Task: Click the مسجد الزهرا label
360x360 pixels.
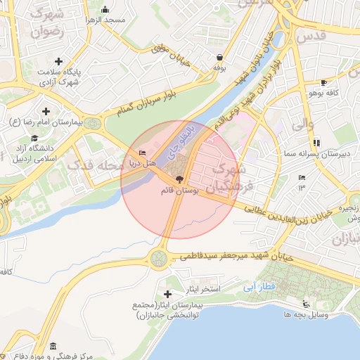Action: (x=105, y=20)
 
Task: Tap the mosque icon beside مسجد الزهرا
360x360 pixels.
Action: (x=105, y=9)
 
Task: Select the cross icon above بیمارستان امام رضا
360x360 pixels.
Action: (x=46, y=111)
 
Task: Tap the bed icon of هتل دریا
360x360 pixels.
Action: (x=143, y=153)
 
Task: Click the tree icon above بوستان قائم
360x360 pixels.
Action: (x=179, y=180)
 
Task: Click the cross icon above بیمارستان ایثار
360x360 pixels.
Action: (x=167, y=294)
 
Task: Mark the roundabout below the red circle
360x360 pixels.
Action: (x=160, y=259)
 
